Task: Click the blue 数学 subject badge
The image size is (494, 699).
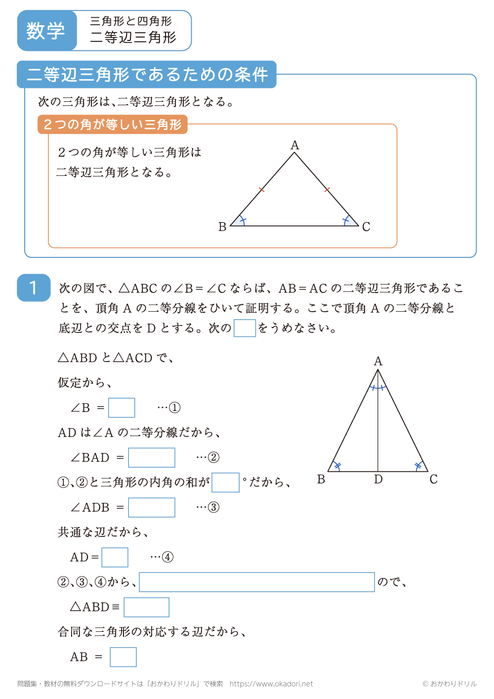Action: point(46,31)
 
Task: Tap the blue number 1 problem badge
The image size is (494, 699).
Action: point(34,288)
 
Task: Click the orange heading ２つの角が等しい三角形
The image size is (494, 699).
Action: point(113,124)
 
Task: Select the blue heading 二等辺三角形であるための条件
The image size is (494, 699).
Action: point(147,75)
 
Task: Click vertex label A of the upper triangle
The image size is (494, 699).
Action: point(295,145)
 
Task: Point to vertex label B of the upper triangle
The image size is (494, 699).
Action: point(222,227)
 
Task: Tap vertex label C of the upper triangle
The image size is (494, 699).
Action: point(366,227)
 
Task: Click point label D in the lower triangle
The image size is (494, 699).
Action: point(378,480)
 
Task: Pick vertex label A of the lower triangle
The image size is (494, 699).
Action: point(378,361)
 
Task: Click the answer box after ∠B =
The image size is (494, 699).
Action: point(122,408)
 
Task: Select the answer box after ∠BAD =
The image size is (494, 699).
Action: point(152,457)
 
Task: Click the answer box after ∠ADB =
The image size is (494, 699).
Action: point(152,507)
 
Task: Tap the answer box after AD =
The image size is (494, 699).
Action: point(115,557)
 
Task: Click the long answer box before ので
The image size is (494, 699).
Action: point(257,582)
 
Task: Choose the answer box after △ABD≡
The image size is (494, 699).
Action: point(147,607)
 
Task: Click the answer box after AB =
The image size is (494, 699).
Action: point(123,657)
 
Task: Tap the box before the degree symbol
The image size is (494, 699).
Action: point(225,482)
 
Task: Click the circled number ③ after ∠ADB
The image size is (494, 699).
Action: point(214,507)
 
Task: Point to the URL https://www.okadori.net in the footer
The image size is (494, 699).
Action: point(271,684)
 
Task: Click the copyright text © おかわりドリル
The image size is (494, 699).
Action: point(450,684)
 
